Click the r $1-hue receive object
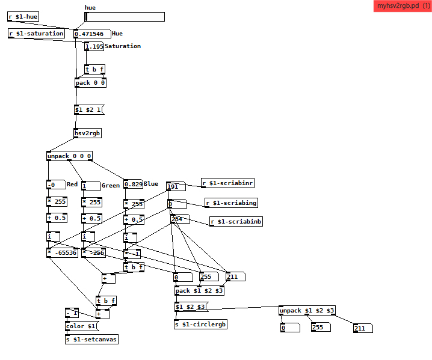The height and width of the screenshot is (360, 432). point(23,16)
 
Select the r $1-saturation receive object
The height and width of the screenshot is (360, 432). point(36,34)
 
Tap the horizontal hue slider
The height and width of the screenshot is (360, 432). point(125,17)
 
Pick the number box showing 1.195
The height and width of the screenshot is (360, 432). point(94,46)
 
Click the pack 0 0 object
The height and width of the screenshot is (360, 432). point(90,83)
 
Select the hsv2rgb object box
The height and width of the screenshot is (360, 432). point(87,133)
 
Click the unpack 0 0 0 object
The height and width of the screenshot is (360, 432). point(69,156)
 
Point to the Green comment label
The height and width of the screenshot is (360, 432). point(110,185)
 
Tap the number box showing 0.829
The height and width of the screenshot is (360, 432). point(133,184)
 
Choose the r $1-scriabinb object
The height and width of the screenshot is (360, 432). point(236,222)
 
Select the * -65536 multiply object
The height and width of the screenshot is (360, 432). point(62,252)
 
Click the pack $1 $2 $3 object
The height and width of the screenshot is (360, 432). point(200,291)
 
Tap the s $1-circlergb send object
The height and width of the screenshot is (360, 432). point(201,325)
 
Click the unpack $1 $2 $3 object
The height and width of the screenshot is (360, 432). point(307,311)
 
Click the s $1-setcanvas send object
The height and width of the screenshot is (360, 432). point(92,340)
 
